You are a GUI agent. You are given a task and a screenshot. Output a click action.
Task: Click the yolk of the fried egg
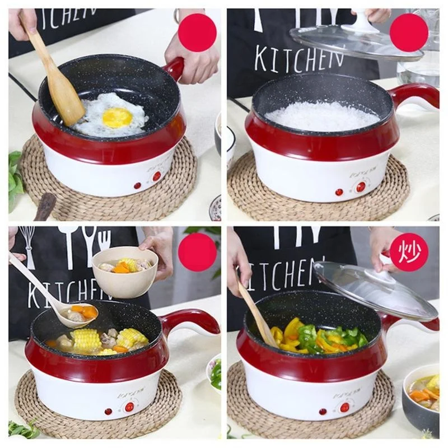pos(117,118)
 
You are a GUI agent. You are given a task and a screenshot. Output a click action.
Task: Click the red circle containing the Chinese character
pos(409,252)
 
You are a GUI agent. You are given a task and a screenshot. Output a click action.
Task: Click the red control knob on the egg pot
pos(157,176)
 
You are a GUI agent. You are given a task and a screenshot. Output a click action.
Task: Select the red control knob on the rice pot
pos(361,186)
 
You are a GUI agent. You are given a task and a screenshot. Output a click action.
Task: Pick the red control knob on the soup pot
pos(129,407)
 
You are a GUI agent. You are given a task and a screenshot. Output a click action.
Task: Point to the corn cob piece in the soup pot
pos(87,339)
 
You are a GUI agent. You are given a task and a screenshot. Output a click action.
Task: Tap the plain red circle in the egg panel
pos(197,32)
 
